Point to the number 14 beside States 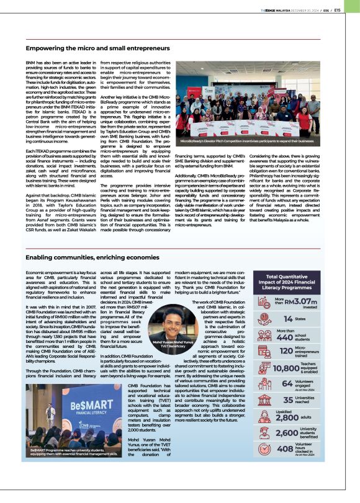coord(289,318)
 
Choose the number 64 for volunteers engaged coord(287,384)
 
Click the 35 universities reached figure coord(288,400)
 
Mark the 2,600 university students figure coord(287,433)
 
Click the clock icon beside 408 coord(266,448)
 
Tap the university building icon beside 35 coord(266,400)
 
